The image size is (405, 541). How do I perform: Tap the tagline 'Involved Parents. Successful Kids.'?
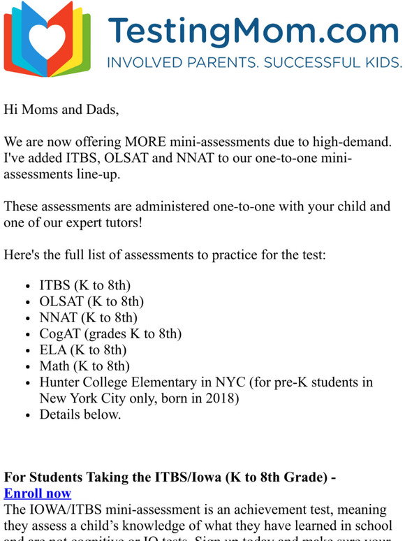point(254,63)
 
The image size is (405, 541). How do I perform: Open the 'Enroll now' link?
point(38,493)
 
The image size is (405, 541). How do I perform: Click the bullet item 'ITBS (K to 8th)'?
point(84,285)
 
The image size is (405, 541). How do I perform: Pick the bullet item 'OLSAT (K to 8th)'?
point(91,301)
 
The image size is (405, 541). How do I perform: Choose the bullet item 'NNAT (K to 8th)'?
point(88,317)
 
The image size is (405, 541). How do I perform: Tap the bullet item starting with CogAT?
point(110,333)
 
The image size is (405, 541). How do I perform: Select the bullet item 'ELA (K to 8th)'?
point(83,349)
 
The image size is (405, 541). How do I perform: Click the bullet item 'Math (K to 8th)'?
point(84,366)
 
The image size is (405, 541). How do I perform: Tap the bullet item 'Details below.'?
point(80,414)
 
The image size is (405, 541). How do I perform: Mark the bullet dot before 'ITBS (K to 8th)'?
point(27,286)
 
